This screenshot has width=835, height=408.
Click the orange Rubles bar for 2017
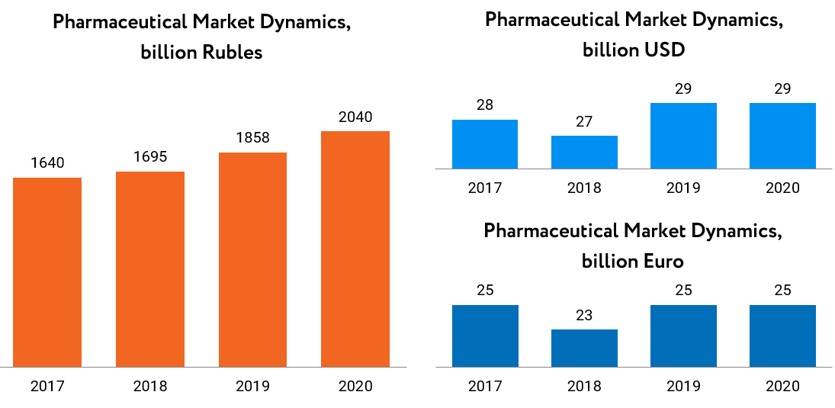47,271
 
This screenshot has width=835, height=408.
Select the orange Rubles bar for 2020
355,249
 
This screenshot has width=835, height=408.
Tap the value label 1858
252,138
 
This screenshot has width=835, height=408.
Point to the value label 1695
150,157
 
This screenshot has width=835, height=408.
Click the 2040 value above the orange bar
355,117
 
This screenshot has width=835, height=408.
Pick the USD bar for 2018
584,152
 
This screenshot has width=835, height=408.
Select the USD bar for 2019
683,136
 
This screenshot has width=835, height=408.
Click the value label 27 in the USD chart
584,121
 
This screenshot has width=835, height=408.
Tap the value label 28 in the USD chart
484,105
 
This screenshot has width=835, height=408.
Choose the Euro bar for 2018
584,348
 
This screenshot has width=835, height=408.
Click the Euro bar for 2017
484,336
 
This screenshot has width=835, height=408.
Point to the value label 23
584,315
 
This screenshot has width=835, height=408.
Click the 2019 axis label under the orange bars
252,386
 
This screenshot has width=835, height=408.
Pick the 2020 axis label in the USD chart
782,188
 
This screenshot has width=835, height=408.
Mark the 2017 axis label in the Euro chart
484,386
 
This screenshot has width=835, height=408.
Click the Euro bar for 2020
782,336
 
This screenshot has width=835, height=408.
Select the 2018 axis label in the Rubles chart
150,386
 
